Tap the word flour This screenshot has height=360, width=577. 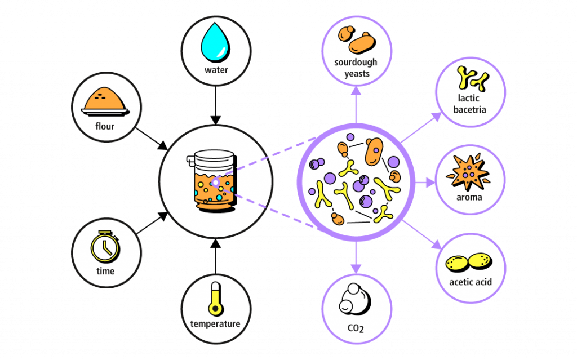(105, 126)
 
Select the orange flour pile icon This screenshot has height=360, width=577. (105, 100)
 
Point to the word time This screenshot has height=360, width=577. (105, 271)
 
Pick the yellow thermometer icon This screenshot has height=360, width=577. (215, 299)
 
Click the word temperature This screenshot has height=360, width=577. (215, 324)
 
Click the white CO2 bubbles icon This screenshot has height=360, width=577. (354, 299)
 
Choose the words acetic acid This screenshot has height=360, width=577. (471, 282)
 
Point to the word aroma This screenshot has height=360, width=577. (469, 198)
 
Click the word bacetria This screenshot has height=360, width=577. (469, 109)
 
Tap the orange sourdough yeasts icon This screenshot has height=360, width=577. (357, 40)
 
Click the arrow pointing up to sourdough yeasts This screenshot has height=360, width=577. (356, 101)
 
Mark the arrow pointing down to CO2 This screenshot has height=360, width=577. (355, 259)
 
